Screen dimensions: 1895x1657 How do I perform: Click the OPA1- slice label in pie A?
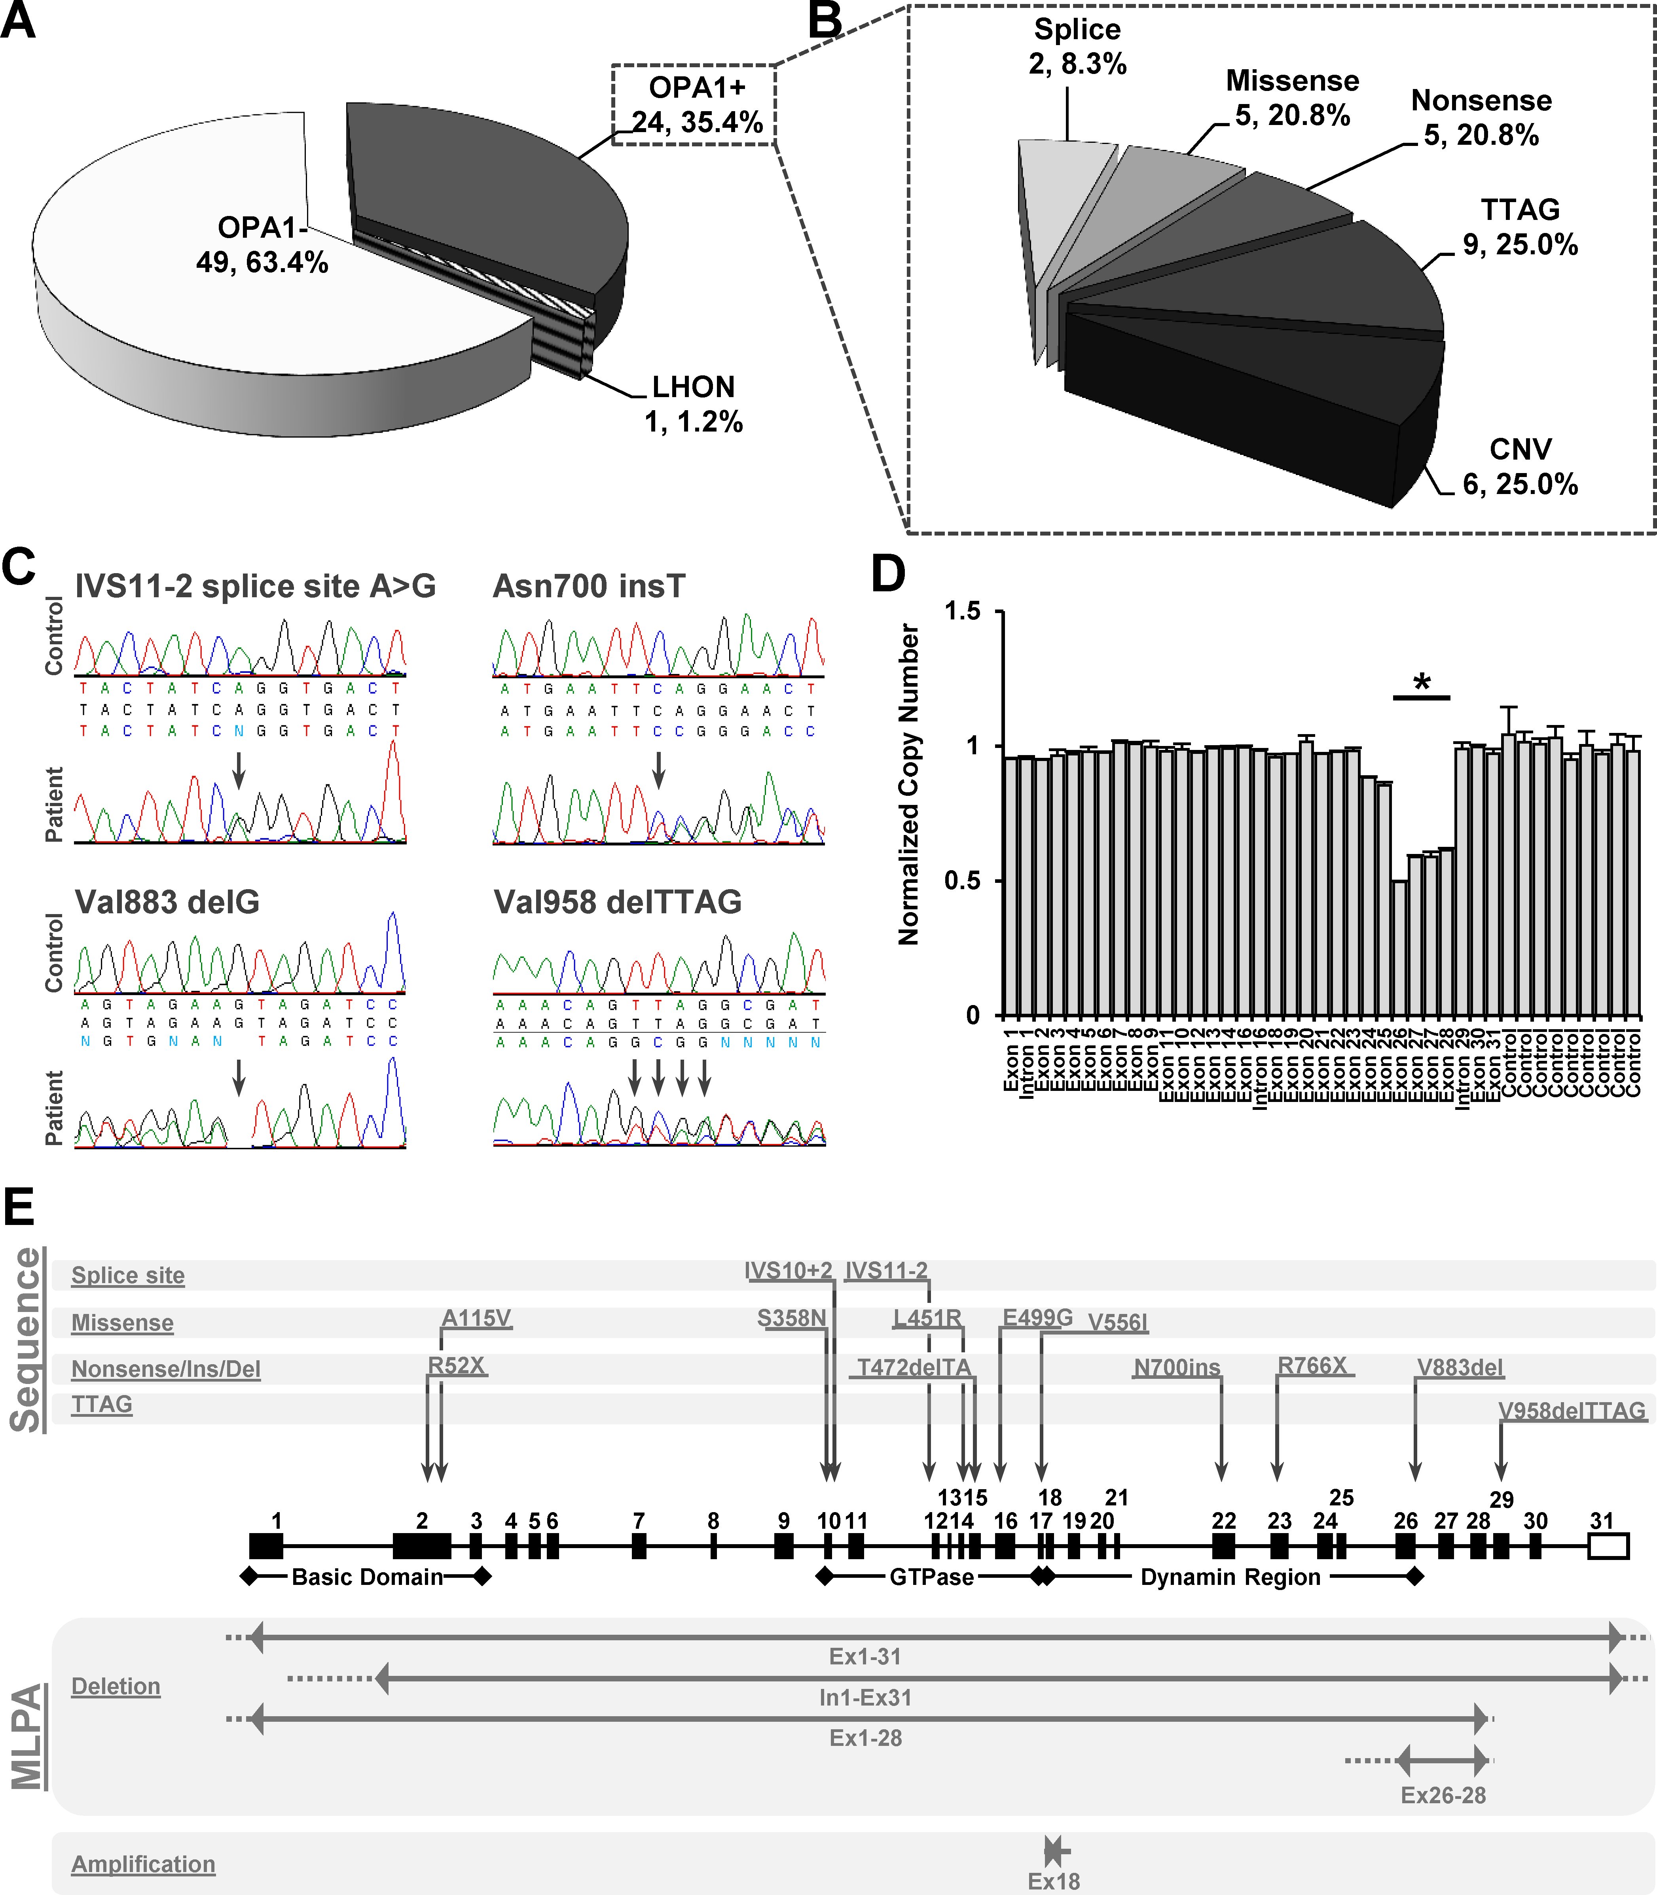pyautogui.click(x=262, y=245)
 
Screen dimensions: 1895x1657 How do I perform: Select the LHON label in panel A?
pyautogui.click(x=694, y=404)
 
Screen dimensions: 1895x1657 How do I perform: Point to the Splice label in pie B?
pyautogui.click(x=1077, y=46)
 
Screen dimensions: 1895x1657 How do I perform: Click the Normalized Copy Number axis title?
pyautogui.click(x=909, y=784)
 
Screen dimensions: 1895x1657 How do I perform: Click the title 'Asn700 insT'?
pyautogui.click(x=589, y=586)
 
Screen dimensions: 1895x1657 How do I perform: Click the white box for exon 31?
pyautogui.click(x=1608, y=1547)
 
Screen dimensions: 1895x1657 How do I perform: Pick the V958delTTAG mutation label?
pyautogui.click(x=1572, y=1410)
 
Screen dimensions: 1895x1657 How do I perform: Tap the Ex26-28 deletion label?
pyautogui.click(x=1443, y=1795)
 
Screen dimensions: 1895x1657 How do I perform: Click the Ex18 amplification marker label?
pyautogui.click(x=1053, y=1880)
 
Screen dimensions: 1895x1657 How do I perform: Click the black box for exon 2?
pyautogui.click(x=422, y=1547)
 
